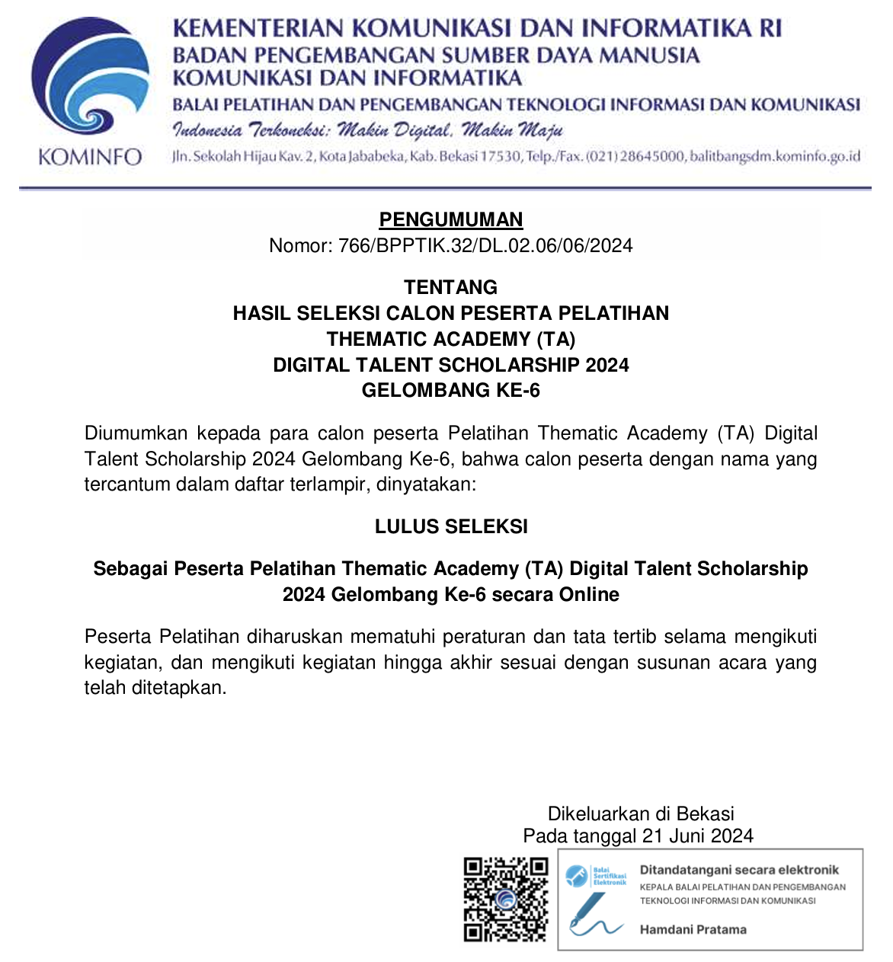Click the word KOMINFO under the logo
pos(90,158)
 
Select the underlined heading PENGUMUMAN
pos(451,219)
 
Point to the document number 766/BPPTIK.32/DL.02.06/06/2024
pos(485,245)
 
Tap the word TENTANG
pos(451,287)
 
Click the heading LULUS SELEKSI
pos(451,526)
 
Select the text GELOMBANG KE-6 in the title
pos(451,391)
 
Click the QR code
pos(506,900)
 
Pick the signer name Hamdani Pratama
pos(693,929)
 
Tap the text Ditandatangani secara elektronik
pos(739,870)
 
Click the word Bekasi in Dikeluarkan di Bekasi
pos(705,813)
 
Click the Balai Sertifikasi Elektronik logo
pos(596,876)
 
